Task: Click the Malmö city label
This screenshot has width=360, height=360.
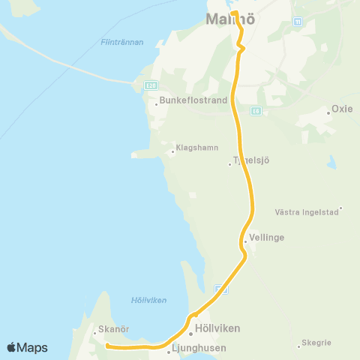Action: tap(230, 21)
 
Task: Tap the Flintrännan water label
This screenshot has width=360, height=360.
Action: tap(121, 43)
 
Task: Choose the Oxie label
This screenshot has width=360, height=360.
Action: tap(342, 109)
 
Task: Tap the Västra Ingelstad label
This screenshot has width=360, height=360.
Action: tap(307, 211)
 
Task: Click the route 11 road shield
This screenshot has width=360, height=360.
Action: tap(298, 21)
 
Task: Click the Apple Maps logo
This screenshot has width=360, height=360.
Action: tap(27, 347)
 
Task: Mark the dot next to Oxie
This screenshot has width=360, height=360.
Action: tap(328, 113)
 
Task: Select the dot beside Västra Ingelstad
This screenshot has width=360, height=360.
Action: tap(340, 208)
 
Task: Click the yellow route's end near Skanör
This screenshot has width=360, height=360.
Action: tap(107, 346)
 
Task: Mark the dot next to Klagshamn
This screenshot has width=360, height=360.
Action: tap(172, 151)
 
